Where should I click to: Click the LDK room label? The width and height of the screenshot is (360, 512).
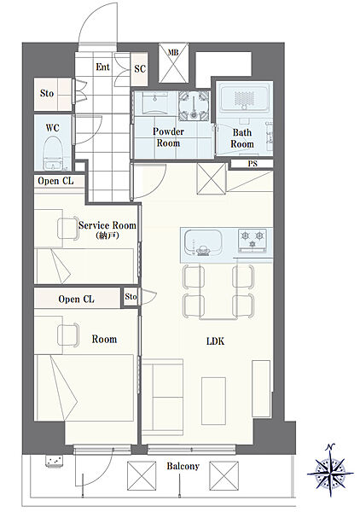(x=216, y=341)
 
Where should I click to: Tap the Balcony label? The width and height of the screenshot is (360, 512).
(x=183, y=466)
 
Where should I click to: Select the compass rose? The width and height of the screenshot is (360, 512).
(x=331, y=471)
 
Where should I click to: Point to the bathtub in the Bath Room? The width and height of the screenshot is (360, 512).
(x=245, y=97)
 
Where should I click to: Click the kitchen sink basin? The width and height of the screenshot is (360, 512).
(x=203, y=241)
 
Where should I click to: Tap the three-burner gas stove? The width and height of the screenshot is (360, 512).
(x=253, y=241)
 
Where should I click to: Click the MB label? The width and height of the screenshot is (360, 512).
(x=173, y=52)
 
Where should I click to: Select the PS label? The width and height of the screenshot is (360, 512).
(x=253, y=164)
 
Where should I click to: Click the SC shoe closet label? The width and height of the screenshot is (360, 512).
(x=140, y=69)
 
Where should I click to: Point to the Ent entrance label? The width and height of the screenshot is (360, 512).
(x=103, y=67)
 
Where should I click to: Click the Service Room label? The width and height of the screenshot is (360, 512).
(x=107, y=225)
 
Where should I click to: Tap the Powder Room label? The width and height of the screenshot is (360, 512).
(x=168, y=137)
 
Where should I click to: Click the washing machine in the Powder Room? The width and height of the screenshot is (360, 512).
(x=194, y=105)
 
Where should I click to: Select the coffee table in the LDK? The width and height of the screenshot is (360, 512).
(x=213, y=401)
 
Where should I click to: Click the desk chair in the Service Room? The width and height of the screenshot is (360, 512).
(x=68, y=229)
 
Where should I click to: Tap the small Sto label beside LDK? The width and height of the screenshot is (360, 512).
(x=131, y=296)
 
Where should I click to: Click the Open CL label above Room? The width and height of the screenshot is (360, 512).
(x=77, y=300)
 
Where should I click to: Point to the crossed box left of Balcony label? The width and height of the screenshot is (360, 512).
(x=142, y=475)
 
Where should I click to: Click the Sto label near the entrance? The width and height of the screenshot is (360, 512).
(x=47, y=93)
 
